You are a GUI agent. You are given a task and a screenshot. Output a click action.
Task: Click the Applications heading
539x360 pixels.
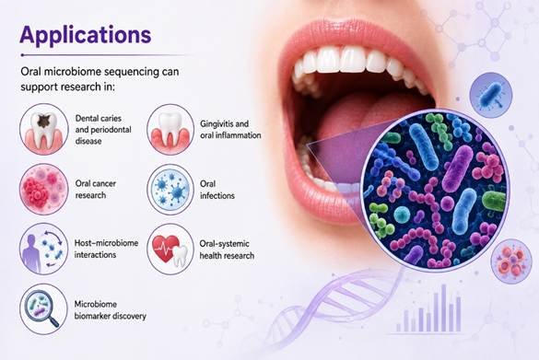point(86,35)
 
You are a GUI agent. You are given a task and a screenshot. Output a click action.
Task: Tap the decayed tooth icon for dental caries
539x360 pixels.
point(44,129)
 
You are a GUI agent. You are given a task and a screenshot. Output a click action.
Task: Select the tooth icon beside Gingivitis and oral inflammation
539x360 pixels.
point(170,130)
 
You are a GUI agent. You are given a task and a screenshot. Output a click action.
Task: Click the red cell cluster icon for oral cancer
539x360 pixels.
point(44,190)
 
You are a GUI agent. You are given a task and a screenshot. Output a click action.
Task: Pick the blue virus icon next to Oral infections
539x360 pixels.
point(170,190)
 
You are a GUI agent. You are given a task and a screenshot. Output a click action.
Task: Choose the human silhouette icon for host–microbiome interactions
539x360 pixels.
point(44,249)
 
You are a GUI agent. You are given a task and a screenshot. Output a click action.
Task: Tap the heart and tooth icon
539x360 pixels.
point(170,250)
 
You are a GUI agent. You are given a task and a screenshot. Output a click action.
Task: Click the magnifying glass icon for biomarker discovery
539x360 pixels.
point(44,309)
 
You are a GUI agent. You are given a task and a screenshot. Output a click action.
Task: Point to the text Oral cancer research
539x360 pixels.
point(96,190)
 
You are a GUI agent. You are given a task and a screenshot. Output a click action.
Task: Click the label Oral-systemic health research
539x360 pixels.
point(227,250)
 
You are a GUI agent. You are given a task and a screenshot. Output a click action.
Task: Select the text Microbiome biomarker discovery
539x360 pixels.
point(110,310)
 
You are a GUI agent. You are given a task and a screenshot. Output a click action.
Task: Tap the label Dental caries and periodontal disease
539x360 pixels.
point(103,130)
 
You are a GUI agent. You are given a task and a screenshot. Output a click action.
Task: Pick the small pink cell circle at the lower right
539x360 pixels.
point(511,261)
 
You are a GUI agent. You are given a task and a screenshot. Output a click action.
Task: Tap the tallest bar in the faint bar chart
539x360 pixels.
point(443,308)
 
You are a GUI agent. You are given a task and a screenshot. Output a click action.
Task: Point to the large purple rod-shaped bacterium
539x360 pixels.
point(457,168)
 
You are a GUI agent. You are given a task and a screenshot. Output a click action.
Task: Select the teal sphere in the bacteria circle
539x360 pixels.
point(402,215)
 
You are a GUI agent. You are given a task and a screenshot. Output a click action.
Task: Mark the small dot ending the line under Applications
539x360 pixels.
point(22,55)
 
